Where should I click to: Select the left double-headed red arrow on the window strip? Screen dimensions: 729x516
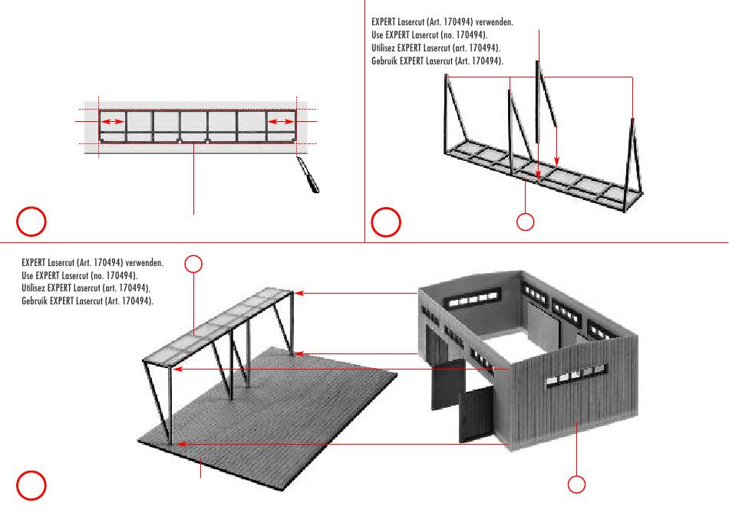113,122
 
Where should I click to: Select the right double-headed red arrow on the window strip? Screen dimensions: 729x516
282,122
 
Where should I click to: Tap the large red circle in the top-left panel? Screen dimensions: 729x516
31,221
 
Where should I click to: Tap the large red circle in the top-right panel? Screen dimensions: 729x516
385,221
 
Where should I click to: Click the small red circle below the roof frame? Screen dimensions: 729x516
525,222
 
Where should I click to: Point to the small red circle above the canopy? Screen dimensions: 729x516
194,264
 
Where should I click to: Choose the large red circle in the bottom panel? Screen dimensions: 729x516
31,485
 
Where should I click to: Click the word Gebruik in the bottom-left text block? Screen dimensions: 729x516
35,301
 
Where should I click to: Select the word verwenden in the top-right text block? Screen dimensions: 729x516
494,22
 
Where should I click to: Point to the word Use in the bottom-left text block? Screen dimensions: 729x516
28,274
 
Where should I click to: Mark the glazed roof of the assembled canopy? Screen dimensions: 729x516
223,322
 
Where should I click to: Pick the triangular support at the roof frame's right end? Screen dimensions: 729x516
632,161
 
